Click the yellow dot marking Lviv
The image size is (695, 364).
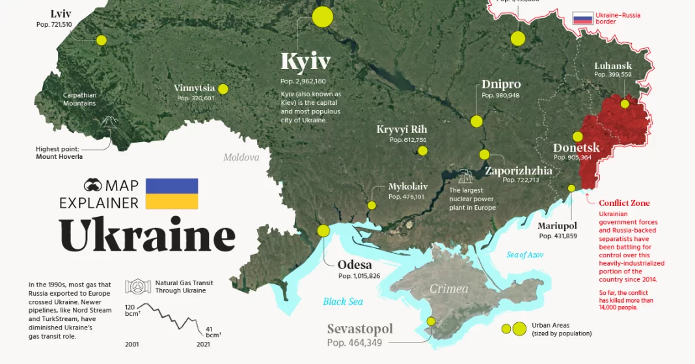pos(101,40)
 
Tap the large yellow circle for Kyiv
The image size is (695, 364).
pos(322,17)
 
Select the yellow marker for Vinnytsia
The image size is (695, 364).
pos(223,89)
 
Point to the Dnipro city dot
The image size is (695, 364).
pos(476,121)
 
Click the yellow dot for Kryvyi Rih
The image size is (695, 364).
pos(422,151)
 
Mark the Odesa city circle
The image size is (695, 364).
pos(323,231)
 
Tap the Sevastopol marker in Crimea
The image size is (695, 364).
pos(431,321)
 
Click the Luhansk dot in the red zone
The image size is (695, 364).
pos(625,104)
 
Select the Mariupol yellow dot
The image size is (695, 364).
pos(571,188)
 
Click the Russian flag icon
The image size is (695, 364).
pos(582,18)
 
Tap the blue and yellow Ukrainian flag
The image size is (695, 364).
pos(172,193)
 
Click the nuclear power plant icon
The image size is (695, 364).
pos(465,176)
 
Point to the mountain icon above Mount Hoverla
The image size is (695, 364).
pos(109,123)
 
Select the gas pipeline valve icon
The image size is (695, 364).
pos(137,287)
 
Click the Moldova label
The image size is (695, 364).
pos(241,158)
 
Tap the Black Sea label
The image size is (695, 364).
pos(344,301)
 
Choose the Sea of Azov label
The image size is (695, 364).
pos(525,255)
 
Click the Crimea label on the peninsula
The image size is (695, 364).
pos(448,288)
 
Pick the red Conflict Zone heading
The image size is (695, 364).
pos(624,203)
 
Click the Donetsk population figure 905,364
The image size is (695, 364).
pos(572,158)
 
